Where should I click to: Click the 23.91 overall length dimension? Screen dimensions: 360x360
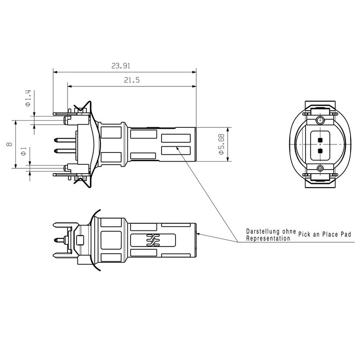121,66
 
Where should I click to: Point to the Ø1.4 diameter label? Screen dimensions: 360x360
27,99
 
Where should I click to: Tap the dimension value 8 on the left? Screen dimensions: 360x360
9,144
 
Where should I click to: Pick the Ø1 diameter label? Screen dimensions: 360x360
23,151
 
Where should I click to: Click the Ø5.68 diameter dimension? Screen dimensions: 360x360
221,144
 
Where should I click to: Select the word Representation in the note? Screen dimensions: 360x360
268,238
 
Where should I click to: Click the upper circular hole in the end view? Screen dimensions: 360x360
320,120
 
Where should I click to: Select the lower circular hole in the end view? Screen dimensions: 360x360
320,168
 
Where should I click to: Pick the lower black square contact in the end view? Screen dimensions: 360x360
320,150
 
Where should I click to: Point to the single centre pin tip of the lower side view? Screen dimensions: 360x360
56,240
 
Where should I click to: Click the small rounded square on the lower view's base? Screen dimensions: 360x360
81,240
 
